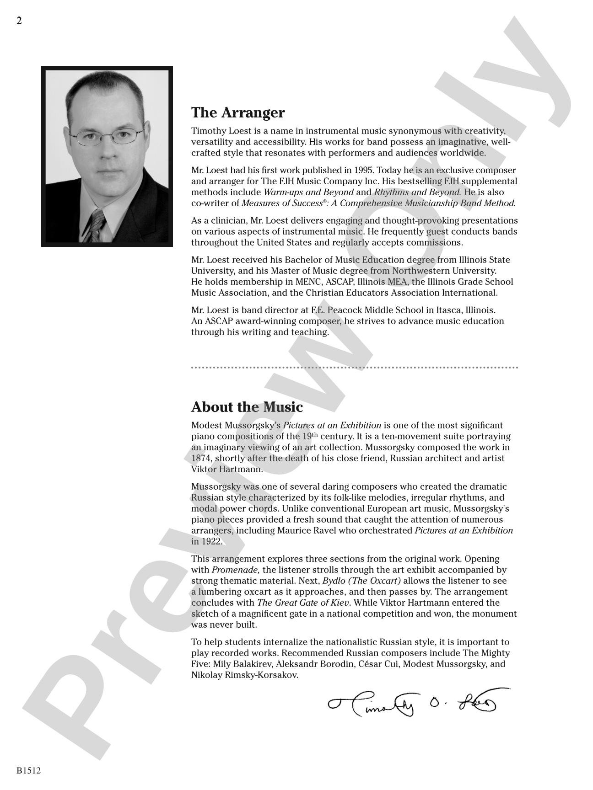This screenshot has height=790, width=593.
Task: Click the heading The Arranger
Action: (x=238, y=112)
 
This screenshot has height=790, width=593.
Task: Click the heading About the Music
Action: (x=247, y=407)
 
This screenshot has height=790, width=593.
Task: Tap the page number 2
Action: (x=19, y=21)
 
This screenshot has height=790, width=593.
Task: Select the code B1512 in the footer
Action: (x=29, y=771)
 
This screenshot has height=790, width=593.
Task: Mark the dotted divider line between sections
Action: (x=355, y=367)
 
